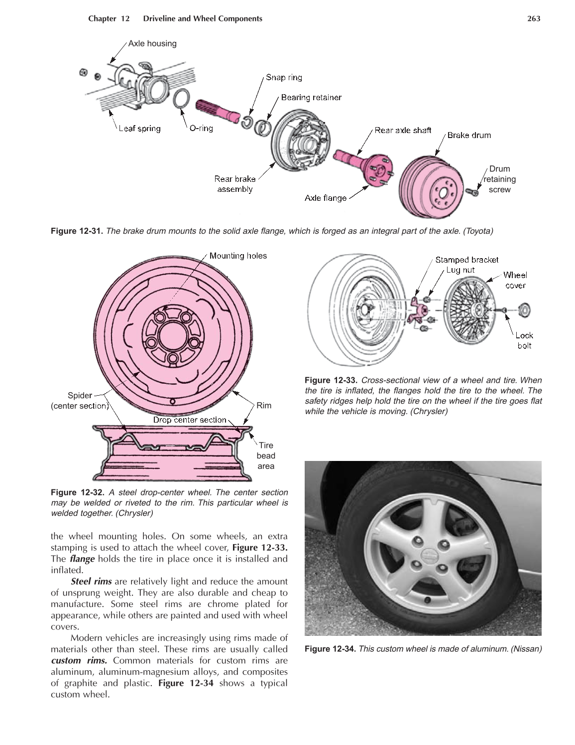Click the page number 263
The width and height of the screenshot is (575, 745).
click(533, 19)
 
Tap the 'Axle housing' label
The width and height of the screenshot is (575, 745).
click(152, 44)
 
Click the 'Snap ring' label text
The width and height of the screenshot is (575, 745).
click(284, 77)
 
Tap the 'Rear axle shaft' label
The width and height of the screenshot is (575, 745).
click(403, 131)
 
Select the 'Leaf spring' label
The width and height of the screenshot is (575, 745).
click(139, 129)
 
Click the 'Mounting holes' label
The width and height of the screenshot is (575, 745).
click(238, 256)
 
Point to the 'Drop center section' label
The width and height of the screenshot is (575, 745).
click(190, 420)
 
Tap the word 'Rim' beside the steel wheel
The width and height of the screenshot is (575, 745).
click(264, 406)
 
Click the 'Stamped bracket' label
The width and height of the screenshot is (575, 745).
click(466, 260)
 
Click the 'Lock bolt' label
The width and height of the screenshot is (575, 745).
click(524, 340)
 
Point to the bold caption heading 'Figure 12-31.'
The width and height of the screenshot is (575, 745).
click(77, 231)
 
